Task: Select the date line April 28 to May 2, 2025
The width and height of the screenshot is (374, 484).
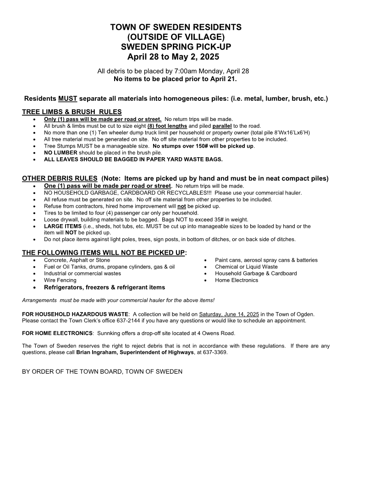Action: (x=173, y=57)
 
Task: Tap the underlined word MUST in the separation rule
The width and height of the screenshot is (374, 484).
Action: (x=68, y=99)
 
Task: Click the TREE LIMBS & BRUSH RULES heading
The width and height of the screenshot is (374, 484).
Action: (x=72, y=112)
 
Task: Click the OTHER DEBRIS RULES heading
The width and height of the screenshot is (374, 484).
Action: (x=60, y=179)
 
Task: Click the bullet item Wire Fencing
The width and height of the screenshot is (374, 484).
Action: (x=60, y=280)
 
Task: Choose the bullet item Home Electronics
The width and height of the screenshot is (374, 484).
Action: (x=236, y=280)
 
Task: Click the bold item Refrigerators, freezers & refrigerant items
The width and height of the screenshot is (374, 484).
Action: (x=104, y=287)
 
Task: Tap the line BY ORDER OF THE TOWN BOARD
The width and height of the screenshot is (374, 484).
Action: (x=102, y=371)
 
